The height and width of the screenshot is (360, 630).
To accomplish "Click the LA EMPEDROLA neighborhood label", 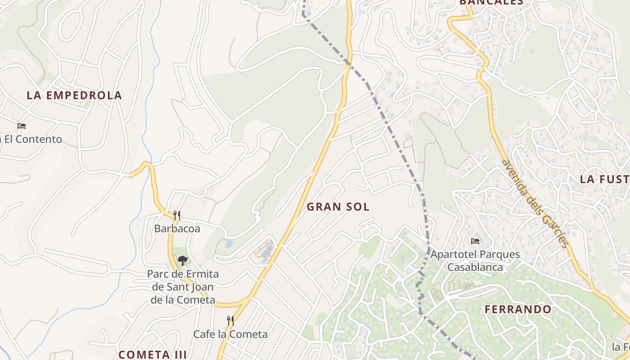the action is click(x=74, y=95).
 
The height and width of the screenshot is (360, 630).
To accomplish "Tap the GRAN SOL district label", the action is click(x=338, y=207).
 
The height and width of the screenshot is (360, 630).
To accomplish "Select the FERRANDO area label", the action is click(x=518, y=310).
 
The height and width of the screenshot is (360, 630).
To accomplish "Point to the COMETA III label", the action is click(x=153, y=355).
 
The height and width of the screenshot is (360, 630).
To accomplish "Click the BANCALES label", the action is click(x=491, y=2).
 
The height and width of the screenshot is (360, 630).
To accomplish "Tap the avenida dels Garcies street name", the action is click(x=535, y=203).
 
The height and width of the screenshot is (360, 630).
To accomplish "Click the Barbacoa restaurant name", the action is click(x=177, y=229).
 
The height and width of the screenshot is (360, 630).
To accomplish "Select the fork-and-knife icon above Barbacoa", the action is click(x=177, y=216).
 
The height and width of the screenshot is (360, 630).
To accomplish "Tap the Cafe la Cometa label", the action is click(x=230, y=334).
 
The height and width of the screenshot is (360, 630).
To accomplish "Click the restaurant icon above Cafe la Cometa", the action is click(x=230, y=320).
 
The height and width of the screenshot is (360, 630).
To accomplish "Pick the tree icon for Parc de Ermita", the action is click(x=182, y=260).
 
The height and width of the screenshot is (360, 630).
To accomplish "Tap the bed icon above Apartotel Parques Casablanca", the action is click(x=475, y=241).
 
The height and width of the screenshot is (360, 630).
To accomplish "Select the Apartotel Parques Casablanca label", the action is click(x=475, y=261).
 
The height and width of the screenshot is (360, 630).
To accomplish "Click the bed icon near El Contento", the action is click(x=22, y=126).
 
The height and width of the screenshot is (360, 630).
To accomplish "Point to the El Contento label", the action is click(x=31, y=139).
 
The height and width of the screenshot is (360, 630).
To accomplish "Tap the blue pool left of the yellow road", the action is click(x=229, y=244).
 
